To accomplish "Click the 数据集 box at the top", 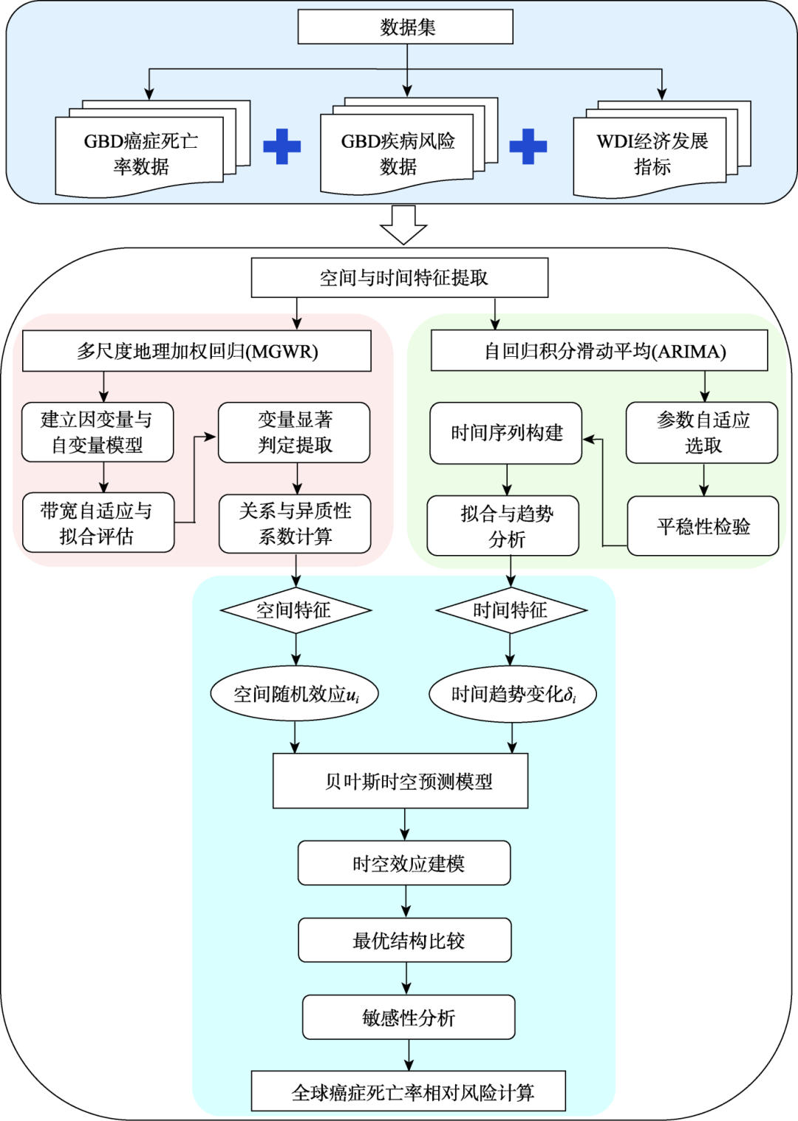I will tap(405, 27).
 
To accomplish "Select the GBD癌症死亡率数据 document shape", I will tap(140, 154).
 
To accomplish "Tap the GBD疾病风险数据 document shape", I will tap(398, 153).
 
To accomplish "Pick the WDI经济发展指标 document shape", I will tap(651, 153).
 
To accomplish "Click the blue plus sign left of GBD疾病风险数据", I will tap(282, 146).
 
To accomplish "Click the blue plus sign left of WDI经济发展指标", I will tap(528, 146).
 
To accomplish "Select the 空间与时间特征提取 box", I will tap(400, 278).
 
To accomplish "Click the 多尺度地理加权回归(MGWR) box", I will tap(197, 351).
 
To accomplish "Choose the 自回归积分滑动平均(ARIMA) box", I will tap(599, 351).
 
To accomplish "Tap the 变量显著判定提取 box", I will tap(294, 433).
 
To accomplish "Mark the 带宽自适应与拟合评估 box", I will tap(98, 523).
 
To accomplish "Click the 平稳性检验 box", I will tap(703, 526).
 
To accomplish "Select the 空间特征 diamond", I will tap(296, 610).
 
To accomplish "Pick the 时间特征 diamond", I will tap(511, 610).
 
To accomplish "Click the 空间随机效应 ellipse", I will tap(295, 695).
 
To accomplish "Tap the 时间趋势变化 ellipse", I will tap(513, 695).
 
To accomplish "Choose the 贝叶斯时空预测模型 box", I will tap(400, 781).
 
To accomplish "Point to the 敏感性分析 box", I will tap(409, 1018).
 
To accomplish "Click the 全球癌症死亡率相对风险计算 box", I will tap(409, 1091).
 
